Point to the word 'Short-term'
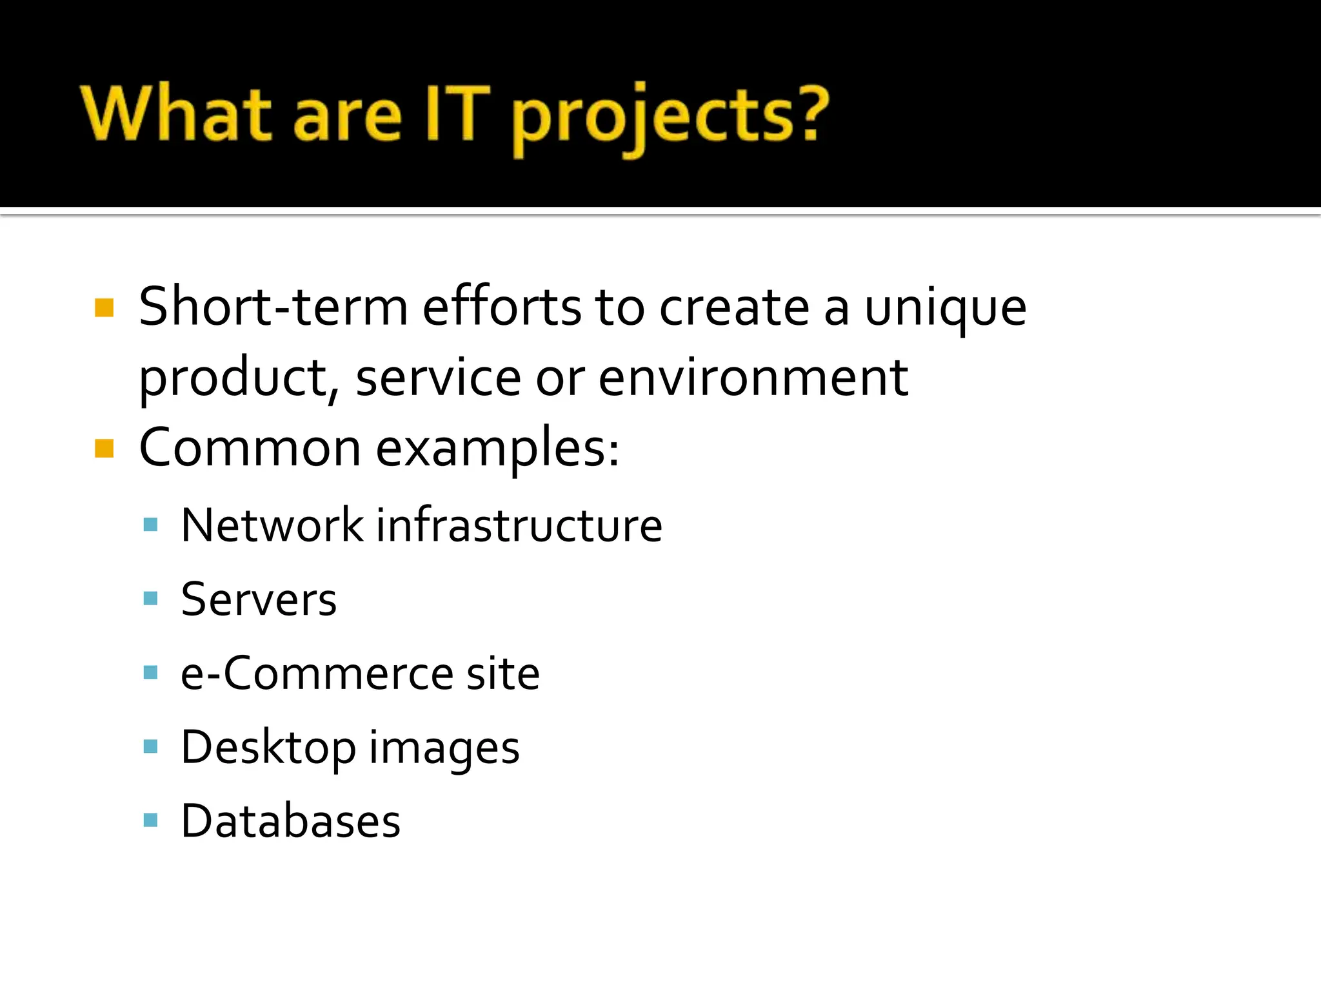(273, 307)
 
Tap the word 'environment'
(753, 378)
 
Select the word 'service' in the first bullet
(438, 378)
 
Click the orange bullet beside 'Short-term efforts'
(104, 307)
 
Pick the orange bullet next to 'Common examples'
(104, 448)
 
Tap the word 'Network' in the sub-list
(272, 525)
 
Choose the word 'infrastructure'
(519, 525)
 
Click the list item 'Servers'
(259, 599)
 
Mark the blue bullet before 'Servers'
(150, 599)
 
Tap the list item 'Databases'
(291, 821)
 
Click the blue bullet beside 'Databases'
(150, 820)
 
